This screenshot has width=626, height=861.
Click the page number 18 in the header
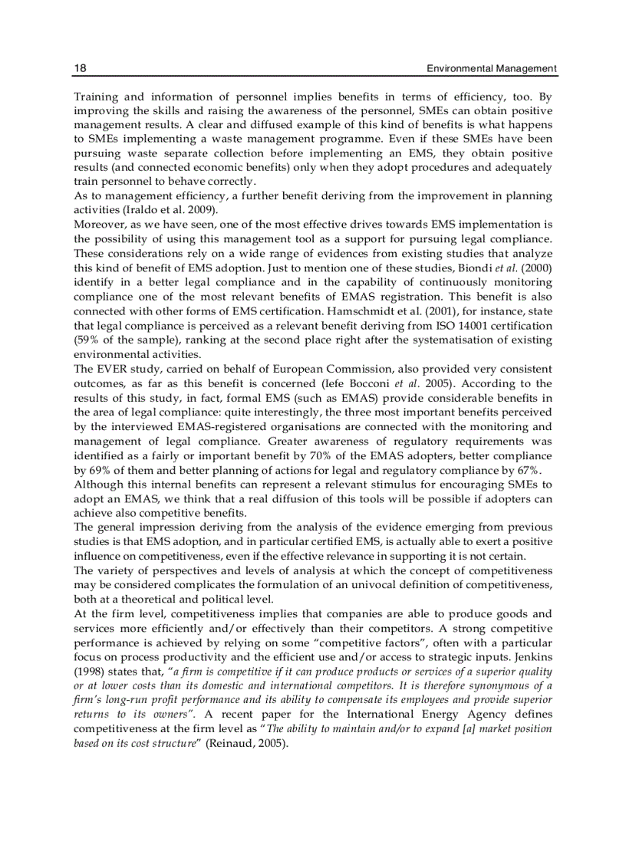[80, 68]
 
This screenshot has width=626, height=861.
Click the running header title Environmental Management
[492, 68]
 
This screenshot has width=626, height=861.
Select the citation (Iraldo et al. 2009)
[173, 209]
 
